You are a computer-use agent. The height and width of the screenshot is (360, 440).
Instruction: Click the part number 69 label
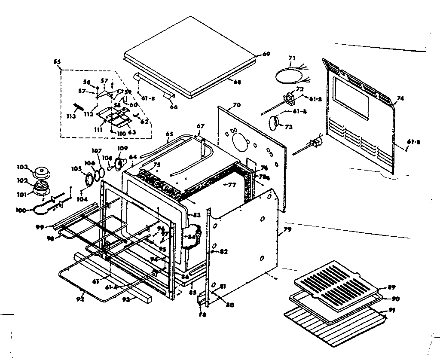coord(266,54)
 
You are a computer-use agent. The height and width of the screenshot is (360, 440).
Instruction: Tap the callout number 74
coord(400,98)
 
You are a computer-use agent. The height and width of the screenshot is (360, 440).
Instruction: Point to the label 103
coord(22,167)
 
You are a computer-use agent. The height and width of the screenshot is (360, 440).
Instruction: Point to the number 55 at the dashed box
coord(57,62)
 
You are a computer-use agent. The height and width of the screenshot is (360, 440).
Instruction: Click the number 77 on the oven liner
coord(232,186)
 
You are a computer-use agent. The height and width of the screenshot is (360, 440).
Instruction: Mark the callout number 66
coord(174,107)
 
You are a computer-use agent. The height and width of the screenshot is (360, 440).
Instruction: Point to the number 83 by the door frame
coord(197,215)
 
